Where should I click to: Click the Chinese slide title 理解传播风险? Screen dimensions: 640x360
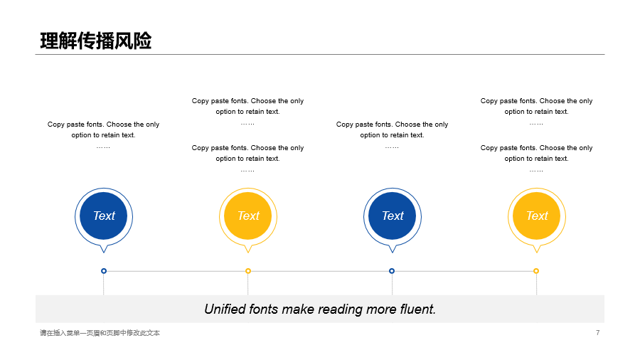96,41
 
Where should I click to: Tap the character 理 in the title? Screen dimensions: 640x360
49,41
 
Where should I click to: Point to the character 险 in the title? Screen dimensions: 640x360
142,41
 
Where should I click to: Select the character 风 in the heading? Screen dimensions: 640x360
124,41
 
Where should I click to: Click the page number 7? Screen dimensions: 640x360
597,333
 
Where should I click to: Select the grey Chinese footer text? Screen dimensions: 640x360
100,333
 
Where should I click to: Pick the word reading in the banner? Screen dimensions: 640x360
337,309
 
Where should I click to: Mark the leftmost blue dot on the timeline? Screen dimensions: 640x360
104,271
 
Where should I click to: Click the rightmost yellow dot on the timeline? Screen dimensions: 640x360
536,271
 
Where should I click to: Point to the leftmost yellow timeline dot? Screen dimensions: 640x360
248,271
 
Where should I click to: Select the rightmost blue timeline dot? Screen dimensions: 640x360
392,271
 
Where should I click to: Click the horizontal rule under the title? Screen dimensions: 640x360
320,54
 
